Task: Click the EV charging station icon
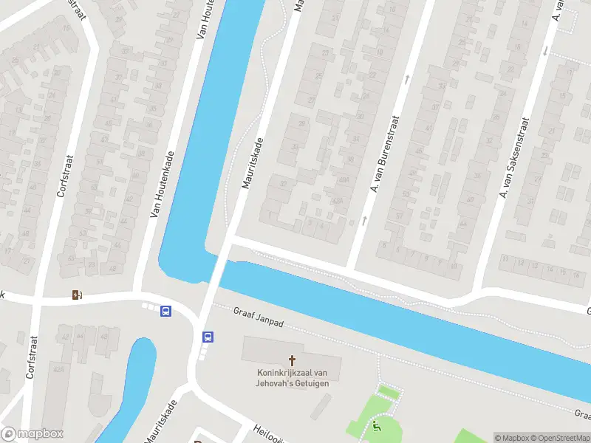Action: click(x=77, y=295)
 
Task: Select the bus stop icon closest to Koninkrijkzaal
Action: click(x=208, y=337)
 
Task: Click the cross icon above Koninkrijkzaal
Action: click(x=292, y=360)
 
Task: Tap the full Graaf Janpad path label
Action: click(x=259, y=317)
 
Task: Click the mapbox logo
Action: click(x=33, y=434)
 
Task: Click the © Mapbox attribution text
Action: click(x=512, y=438)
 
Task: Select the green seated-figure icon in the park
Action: click(x=378, y=426)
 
